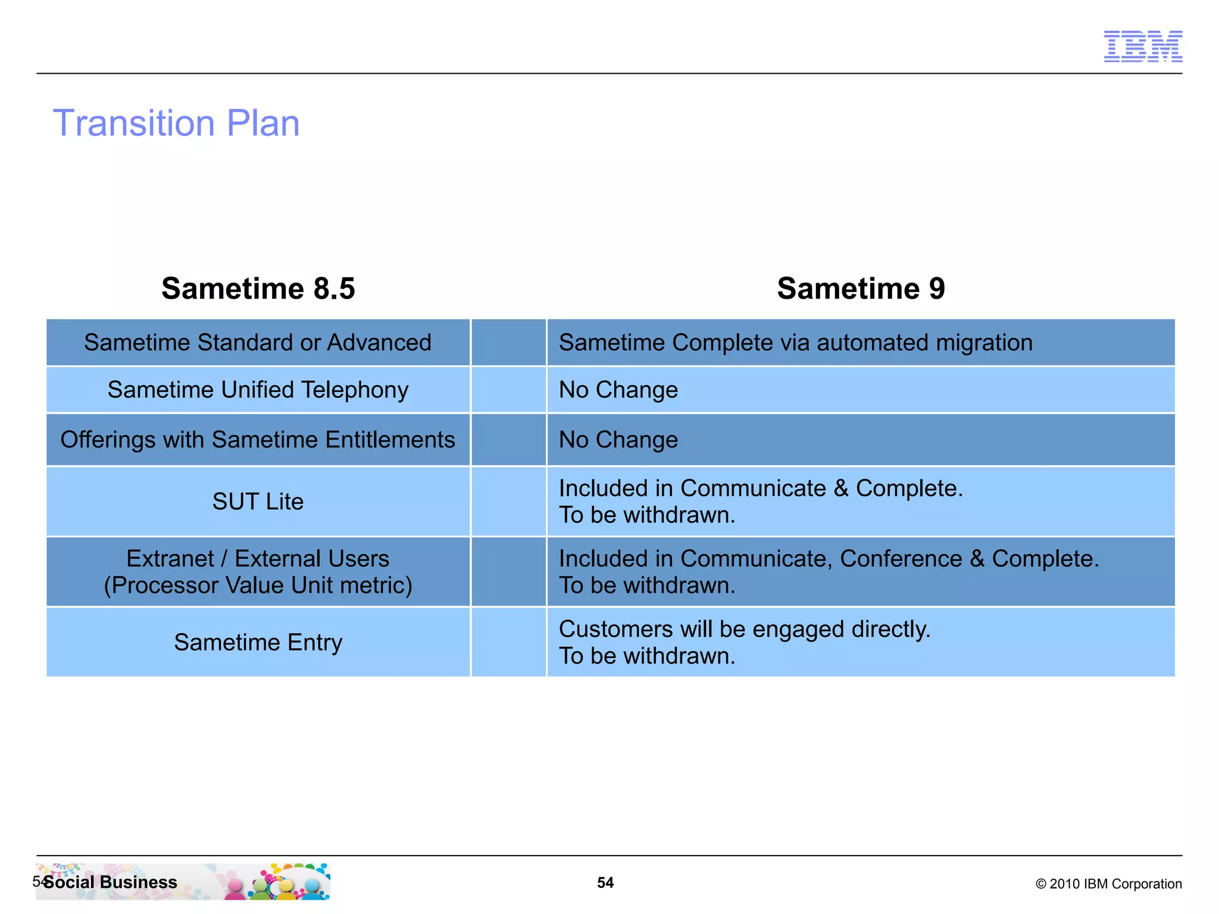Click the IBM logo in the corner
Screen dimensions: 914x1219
click(x=1142, y=46)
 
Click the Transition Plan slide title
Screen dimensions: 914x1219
click(x=176, y=123)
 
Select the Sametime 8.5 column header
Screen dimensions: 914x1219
click(x=258, y=289)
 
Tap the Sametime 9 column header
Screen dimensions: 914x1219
click(x=861, y=289)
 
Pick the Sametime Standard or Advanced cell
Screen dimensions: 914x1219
click(x=258, y=343)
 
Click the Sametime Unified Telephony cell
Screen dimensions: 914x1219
click(x=258, y=390)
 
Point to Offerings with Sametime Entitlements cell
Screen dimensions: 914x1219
click(x=258, y=440)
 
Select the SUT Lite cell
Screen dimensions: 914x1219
click(x=258, y=502)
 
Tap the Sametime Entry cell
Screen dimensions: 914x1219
click(x=258, y=643)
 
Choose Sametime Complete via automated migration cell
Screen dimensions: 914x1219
click(x=795, y=343)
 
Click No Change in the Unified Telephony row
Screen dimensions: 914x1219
click(x=618, y=390)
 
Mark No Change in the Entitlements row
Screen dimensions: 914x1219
click(x=618, y=440)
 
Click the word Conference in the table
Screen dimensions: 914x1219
click(x=901, y=559)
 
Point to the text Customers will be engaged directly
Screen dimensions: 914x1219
click(x=744, y=630)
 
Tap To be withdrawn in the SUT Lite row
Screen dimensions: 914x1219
click(x=647, y=515)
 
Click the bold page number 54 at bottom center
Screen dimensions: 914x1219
click(x=605, y=882)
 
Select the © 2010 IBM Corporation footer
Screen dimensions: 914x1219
click(x=1108, y=884)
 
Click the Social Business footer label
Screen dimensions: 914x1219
click(x=111, y=882)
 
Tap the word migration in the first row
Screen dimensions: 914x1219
click(x=984, y=343)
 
